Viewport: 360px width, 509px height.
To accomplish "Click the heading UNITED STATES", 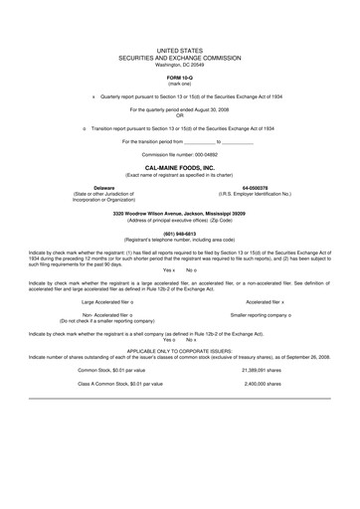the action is pos(179,47).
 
